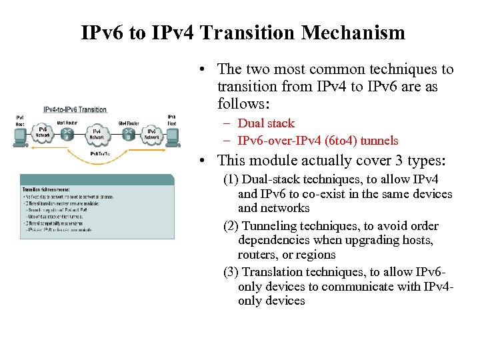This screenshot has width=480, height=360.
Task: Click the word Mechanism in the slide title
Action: (x=353, y=33)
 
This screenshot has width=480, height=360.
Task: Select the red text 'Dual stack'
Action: (x=266, y=123)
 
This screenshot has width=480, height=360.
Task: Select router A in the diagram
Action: (x=67, y=133)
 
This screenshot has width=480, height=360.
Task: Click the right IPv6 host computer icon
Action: (x=172, y=136)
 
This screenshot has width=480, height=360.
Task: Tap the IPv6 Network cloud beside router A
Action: (x=43, y=133)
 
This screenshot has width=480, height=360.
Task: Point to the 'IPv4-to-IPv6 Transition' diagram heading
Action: (x=75, y=109)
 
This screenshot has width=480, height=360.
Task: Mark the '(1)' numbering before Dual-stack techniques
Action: (x=231, y=179)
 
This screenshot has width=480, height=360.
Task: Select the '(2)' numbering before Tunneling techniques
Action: (x=231, y=225)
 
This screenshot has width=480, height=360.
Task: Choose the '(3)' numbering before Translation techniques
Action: (x=231, y=271)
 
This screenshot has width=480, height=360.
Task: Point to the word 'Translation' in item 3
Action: (x=273, y=271)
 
